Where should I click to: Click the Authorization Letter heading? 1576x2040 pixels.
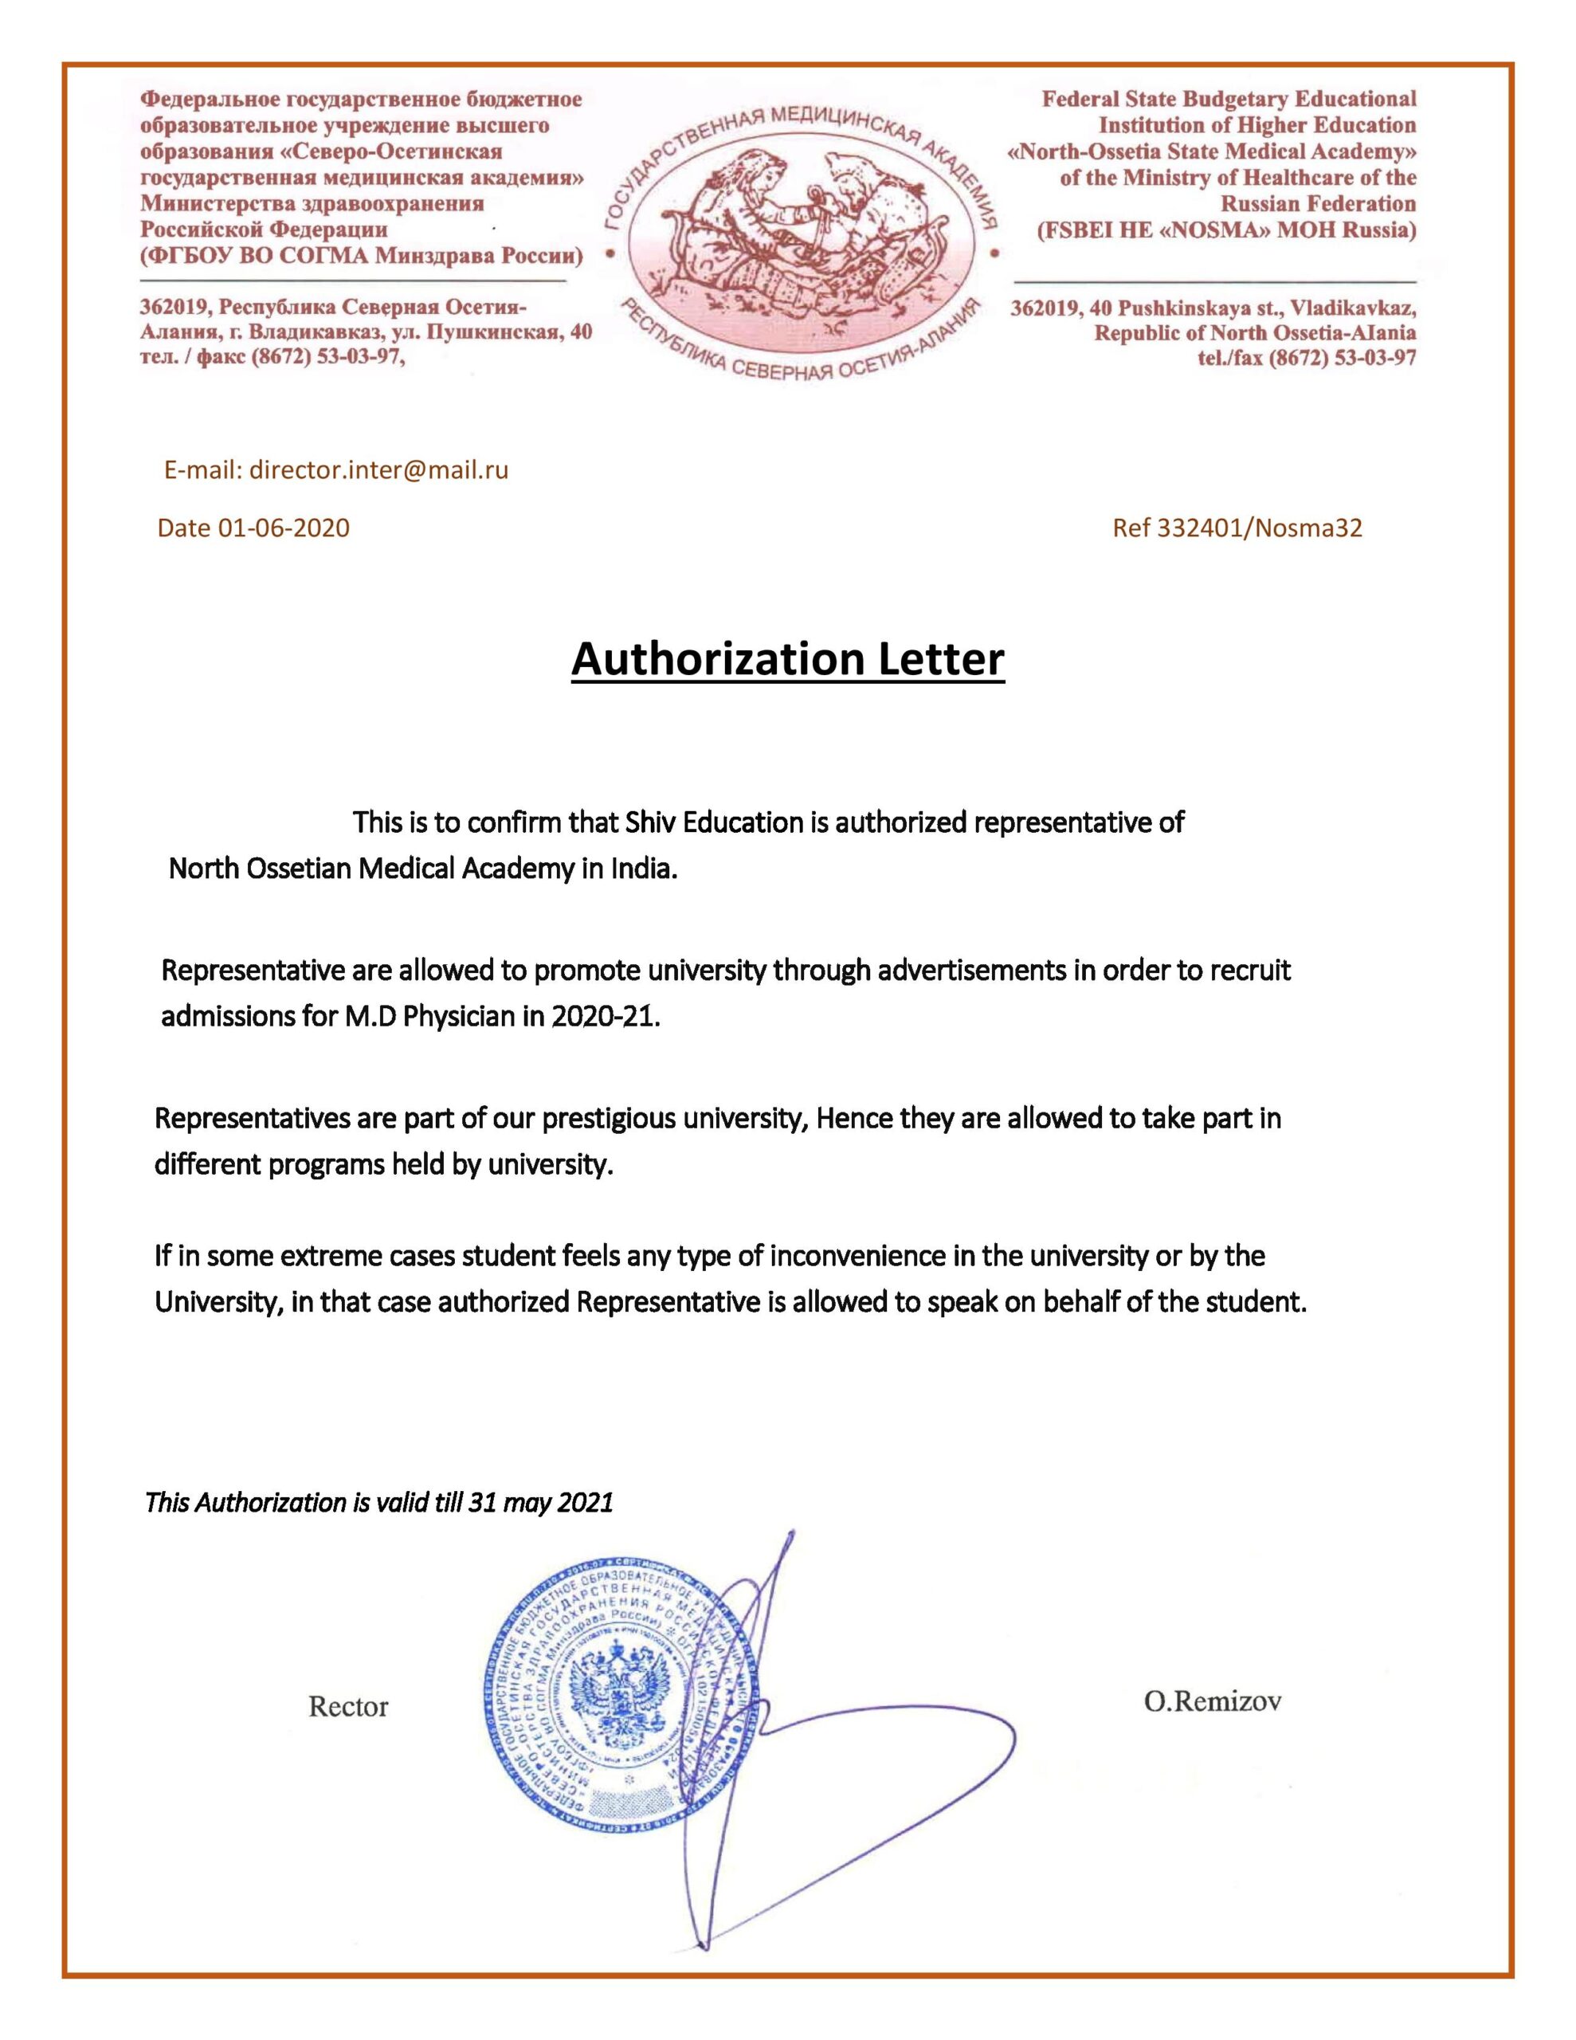point(786,660)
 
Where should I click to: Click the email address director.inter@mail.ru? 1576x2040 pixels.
point(378,470)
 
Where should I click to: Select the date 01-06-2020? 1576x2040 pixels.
point(283,528)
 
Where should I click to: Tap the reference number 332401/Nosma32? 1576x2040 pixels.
point(1260,528)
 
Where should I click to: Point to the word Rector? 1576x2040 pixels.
point(347,1707)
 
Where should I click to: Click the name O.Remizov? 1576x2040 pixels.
point(1212,1701)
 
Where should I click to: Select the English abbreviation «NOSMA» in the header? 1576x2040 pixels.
point(1213,229)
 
